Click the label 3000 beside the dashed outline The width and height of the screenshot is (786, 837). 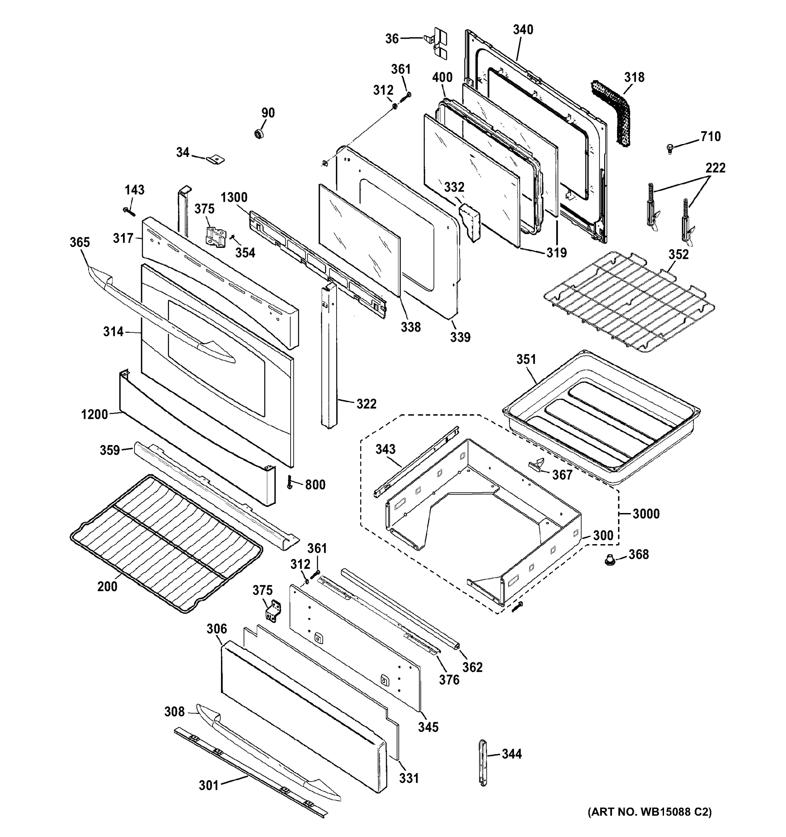[646, 514]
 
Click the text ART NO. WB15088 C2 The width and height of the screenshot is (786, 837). [649, 823]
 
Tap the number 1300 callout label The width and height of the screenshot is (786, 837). [234, 197]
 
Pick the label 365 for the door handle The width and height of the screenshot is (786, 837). [79, 242]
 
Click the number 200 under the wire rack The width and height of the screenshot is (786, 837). [107, 587]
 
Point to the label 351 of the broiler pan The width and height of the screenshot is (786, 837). [526, 360]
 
